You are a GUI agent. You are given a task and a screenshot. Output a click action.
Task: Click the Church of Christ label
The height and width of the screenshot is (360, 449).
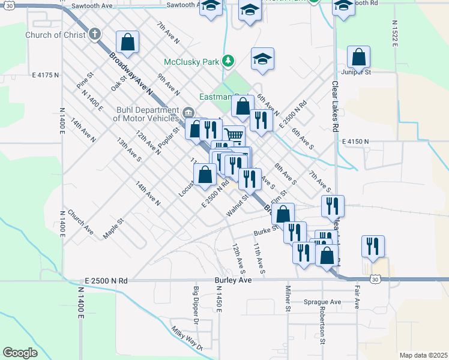click(x=55, y=35)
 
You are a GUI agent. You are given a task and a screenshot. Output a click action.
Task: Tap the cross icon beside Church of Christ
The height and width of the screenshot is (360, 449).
click(x=95, y=34)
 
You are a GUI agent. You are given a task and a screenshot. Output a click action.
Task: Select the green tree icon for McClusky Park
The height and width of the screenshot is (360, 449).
click(x=228, y=61)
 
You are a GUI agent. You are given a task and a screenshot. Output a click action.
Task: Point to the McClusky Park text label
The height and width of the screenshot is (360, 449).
click(x=192, y=61)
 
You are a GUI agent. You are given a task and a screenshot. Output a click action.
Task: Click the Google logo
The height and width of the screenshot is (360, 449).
click(x=20, y=353)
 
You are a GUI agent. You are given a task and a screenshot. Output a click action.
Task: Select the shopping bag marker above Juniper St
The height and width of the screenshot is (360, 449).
click(x=358, y=58)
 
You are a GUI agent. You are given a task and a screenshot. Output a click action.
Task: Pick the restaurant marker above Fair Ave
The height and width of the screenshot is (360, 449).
click(x=373, y=246)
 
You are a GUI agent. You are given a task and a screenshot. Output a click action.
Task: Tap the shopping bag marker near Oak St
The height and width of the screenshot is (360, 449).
click(x=128, y=42)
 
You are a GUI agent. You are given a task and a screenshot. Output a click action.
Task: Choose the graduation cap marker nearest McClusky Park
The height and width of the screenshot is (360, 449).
click(x=262, y=59)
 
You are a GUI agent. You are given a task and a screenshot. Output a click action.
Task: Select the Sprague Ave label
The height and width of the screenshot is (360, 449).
click(x=322, y=302)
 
